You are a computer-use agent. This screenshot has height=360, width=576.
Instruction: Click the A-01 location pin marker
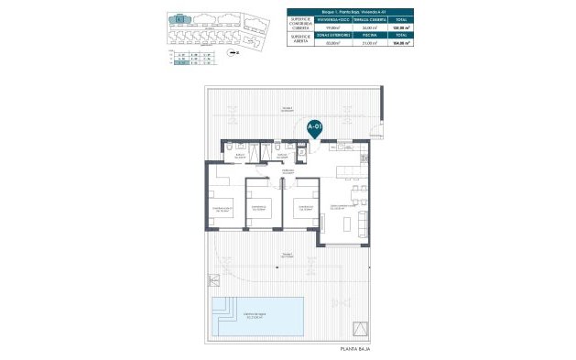[x=314, y=127]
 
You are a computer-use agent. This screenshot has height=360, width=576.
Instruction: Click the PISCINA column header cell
[x=370, y=41]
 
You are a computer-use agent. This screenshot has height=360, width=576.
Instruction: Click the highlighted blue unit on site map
[x=182, y=18]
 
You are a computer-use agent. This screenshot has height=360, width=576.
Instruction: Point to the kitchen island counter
[x=353, y=169]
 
